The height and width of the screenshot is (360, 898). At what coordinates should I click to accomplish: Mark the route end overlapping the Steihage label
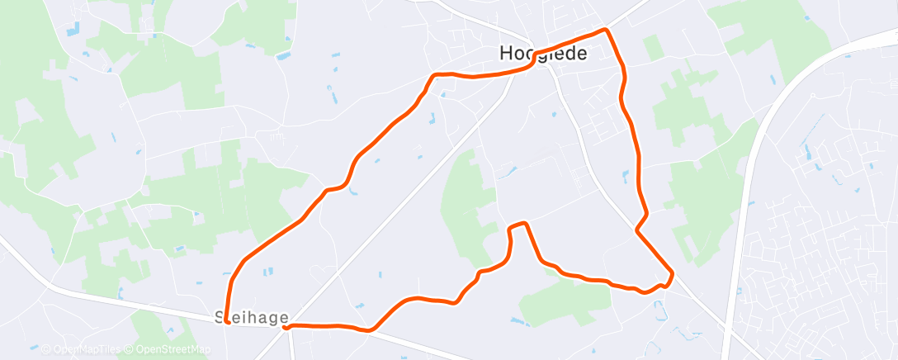(x=226, y=322)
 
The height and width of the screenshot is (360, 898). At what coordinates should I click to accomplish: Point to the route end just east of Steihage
(x=286, y=327)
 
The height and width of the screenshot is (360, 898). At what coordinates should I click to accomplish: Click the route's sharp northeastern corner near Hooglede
(x=607, y=30)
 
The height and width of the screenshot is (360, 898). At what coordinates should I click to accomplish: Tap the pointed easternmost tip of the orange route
(x=673, y=272)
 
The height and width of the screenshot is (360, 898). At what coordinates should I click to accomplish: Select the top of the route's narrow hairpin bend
(x=518, y=224)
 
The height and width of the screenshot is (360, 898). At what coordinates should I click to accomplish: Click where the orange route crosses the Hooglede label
(x=538, y=56)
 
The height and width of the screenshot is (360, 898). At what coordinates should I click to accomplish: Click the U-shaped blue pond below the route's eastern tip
(x=659, y=311)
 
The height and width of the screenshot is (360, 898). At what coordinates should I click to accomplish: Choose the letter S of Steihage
(x=220, y=316)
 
